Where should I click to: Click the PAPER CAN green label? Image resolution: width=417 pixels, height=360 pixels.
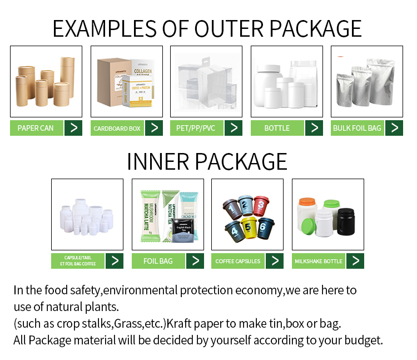(36, 128)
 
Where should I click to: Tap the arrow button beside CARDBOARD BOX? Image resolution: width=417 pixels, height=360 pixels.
(154, 128)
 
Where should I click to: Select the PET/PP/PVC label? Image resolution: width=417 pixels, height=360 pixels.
(197, 128)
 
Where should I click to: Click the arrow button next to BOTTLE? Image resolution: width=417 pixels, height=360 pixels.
(314, 128)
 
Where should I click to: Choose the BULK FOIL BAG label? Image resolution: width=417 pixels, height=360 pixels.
(357, 128)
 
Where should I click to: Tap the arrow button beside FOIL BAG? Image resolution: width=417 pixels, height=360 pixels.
(195, 261)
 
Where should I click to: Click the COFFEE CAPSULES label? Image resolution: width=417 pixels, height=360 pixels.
(238, 261)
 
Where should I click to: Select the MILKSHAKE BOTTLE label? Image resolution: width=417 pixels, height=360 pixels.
(319, 261)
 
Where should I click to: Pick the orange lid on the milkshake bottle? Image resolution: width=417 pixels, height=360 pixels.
(307, 202)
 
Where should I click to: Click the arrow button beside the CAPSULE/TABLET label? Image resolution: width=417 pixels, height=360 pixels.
(115, 261)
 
